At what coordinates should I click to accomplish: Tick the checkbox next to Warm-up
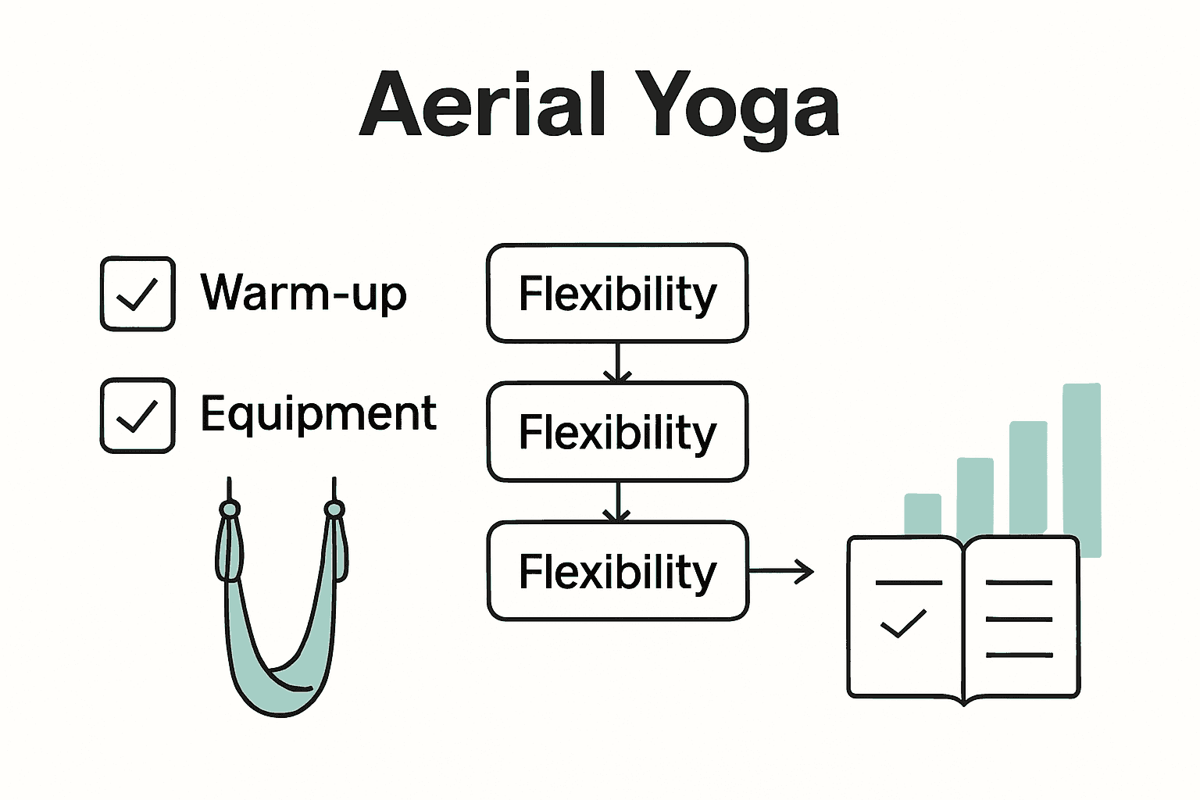pos(137,294)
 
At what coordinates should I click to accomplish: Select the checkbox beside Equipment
pos(137,416)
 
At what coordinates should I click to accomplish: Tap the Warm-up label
pos(304,294)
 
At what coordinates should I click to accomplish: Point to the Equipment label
pos(318,414)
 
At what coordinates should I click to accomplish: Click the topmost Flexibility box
pos(617,294)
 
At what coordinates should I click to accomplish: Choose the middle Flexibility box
pos(617,432)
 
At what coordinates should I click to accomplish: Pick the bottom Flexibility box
pos(617,571)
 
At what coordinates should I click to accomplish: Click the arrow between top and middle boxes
pos(617,362)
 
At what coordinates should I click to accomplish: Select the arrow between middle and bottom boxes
pos(617,502)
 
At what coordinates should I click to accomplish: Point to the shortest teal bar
pos(923,514)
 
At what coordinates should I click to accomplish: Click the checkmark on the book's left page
pos(903,623)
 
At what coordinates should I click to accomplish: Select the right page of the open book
pos(1020,617)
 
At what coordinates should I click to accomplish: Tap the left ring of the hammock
pos(229,510)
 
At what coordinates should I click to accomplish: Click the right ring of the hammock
pos(334,510)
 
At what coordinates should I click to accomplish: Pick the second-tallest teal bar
pos(1028,478)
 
